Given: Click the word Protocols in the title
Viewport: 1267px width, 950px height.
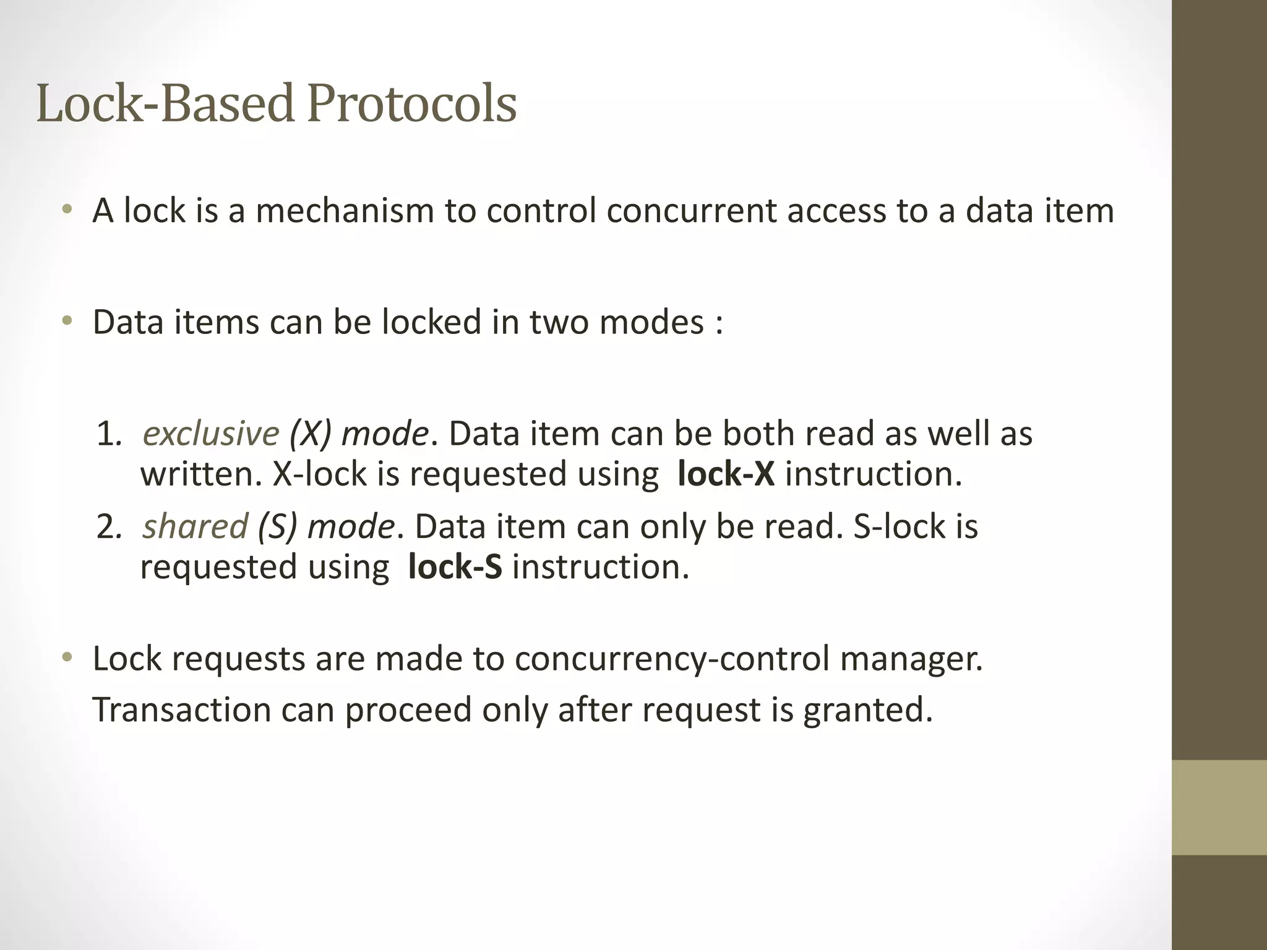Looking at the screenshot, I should tap(411, 104).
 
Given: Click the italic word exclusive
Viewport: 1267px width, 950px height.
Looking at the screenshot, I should tap(211, 434).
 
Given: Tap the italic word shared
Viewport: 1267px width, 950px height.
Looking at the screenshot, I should tap(195, 527).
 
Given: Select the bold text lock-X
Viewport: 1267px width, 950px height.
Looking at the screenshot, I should tap(726, 474).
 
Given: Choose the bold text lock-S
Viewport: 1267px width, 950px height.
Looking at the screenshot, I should tap(455, 567).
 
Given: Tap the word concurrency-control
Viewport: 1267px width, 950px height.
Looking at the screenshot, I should tap(671, 659).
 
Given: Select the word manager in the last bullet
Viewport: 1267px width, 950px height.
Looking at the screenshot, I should tap(909, 659).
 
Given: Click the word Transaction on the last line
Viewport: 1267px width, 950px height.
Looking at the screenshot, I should tap(182, 709).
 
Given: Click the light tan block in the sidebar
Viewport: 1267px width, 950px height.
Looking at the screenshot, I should tap(1219, 807).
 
